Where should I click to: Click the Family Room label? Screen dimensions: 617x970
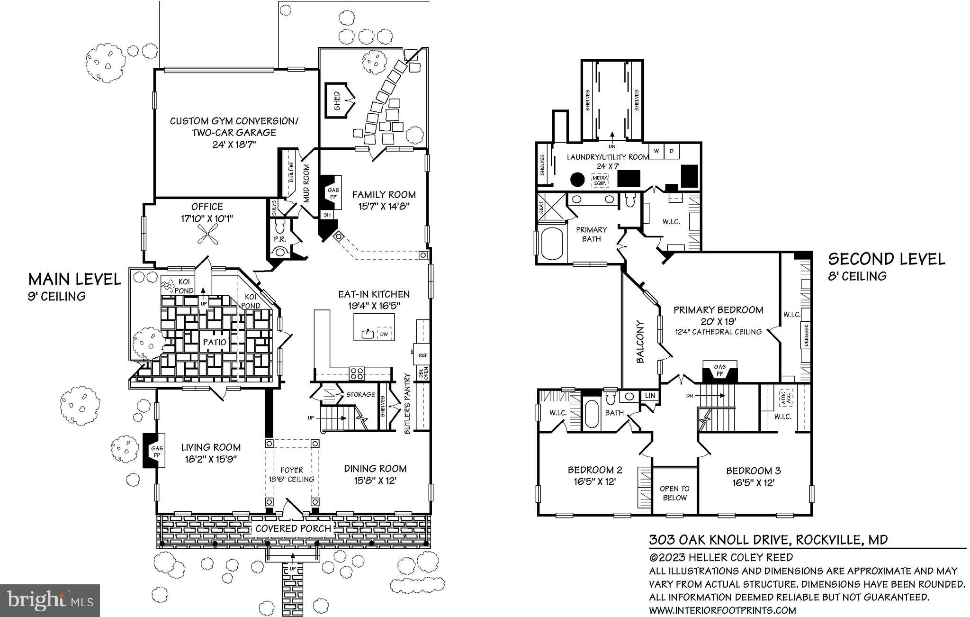coord(384,194)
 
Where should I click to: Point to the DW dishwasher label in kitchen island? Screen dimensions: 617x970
coord(384,334)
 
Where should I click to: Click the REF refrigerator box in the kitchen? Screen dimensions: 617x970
coord(422,354)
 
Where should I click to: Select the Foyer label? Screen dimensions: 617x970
coord(291,470)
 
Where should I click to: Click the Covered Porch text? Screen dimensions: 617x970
coord(293,528)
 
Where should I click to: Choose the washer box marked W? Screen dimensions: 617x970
coord(656,151)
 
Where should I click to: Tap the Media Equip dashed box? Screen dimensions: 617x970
coord(601,180)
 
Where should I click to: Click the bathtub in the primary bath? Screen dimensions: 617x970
coord(550,244)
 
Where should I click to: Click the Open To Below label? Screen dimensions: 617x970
coord(674,493)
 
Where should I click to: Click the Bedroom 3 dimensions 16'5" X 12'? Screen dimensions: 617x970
coord(753,483)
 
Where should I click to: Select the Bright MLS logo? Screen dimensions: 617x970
coord(50,600)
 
